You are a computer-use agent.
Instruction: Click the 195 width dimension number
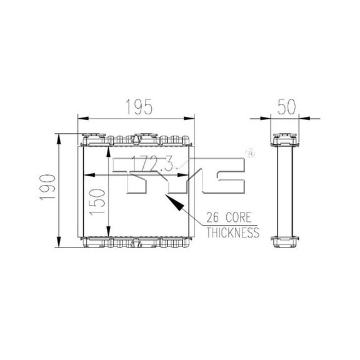pyautogui.click(x=139, y=107)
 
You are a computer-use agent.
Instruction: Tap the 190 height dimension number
pyautogui.click(x=47, y=187)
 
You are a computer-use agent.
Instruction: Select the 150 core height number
pyautogui.click(x=97, y=202)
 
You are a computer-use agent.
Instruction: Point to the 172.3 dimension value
pyautogui.click(x=152, y=164)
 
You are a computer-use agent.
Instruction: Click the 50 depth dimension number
pyautogui.click(x=286, y=107)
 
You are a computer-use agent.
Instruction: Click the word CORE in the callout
pyautogui.click(x=239, y=217)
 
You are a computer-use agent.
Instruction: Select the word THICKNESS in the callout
pyautogui.click(x=232, y=232)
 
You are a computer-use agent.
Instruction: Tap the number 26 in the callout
pyautogui.click(x=213, y=217)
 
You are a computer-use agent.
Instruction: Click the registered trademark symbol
pyautogui.click(x=250, y=153)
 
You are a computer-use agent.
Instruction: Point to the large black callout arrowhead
pyautogui.click(x=175, y=202)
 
